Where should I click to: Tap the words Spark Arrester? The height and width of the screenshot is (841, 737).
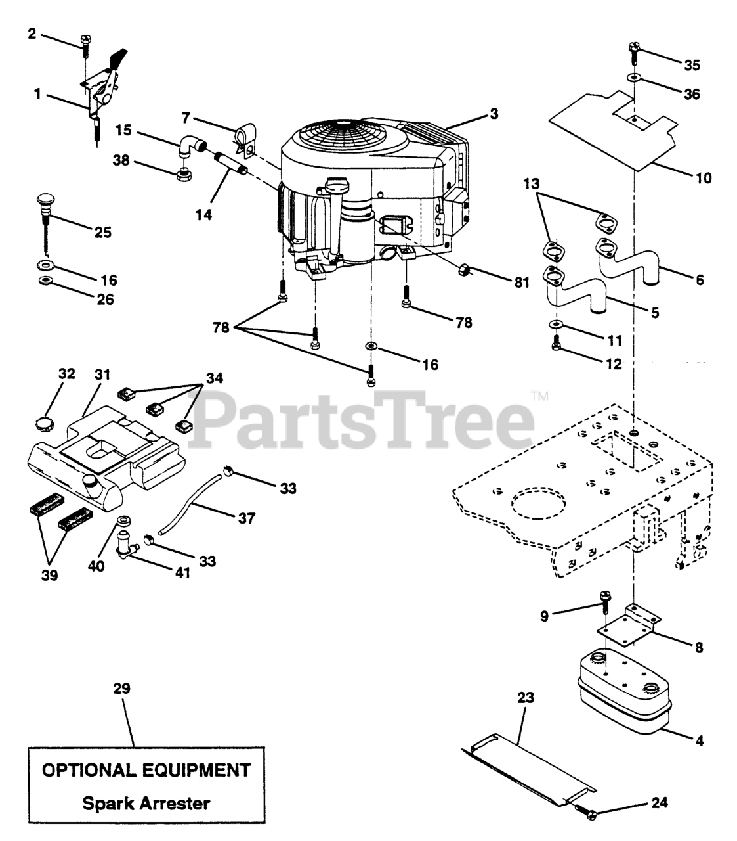click(146, 802)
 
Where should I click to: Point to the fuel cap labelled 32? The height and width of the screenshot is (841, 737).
click(45, 421)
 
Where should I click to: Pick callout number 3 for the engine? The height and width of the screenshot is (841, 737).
click(493, 114)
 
